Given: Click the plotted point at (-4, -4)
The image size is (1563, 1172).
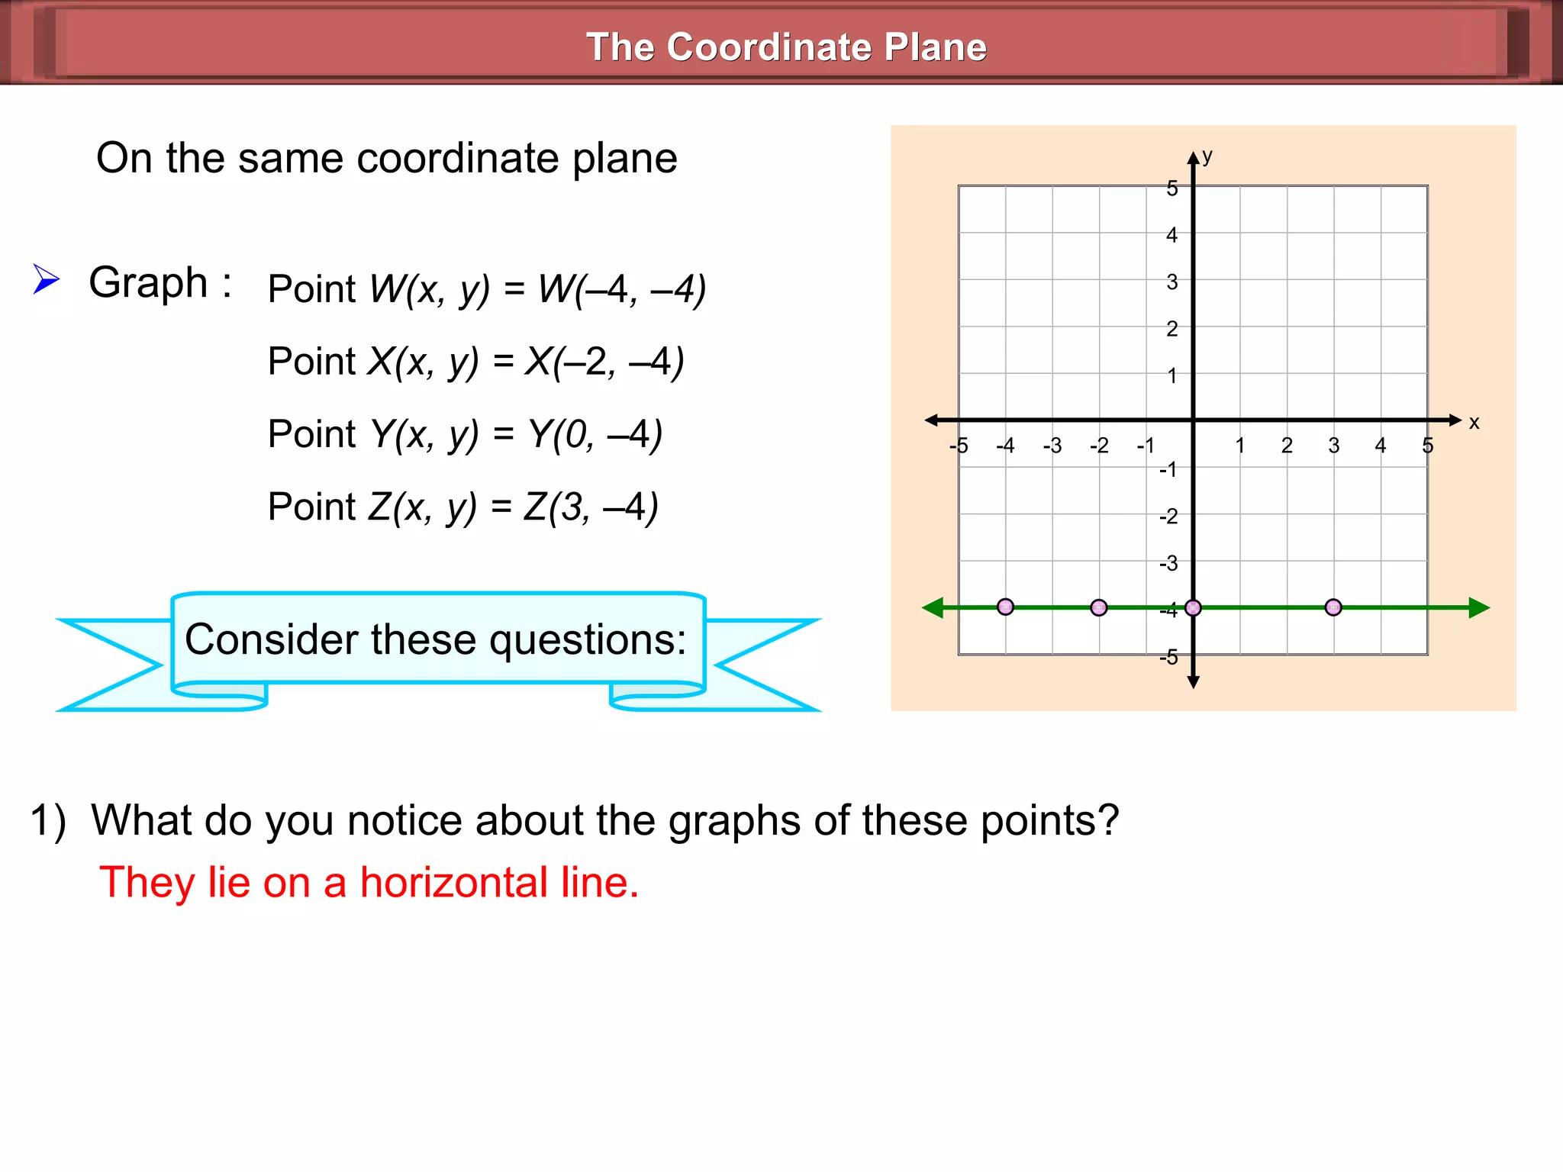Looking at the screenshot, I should pyautogui.click(x=1005, y=607).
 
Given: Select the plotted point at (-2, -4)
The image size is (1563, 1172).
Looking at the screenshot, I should pyautogui.click(x=1099, y=607).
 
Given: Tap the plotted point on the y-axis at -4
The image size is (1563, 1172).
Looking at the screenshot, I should pyautogui.click(x=1194, y=607).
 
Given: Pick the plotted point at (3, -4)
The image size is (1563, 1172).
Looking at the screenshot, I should pyautogui.click(x=1333, y=607).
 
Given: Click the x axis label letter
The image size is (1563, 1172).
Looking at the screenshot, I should pyautogui.click(x=1474, y=423).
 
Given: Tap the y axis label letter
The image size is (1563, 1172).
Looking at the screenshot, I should pyautogui.click(x=1207, y=156).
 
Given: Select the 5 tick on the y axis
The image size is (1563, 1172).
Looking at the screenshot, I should pyautogui.click(x=1172, y=188).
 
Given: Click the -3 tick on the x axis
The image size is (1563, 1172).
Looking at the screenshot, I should pyautogui.click(x=1052, y=446).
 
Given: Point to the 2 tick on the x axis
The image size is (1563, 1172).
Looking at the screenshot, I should pyautogui.click(x=1287, y=446).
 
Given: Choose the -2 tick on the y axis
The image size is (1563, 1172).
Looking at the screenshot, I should pyautogui.click(x=1168, y=517).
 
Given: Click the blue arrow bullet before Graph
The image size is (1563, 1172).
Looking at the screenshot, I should pyautogui.click(x=46, y=279).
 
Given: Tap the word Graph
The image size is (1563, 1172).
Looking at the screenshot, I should pyautogui.click(x=148, y=283).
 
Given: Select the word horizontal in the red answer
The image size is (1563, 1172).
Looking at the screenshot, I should pyautogui.click(x=453, y=883).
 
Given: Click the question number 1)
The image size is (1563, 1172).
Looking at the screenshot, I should pyautogui.click(x=48, y=822).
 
